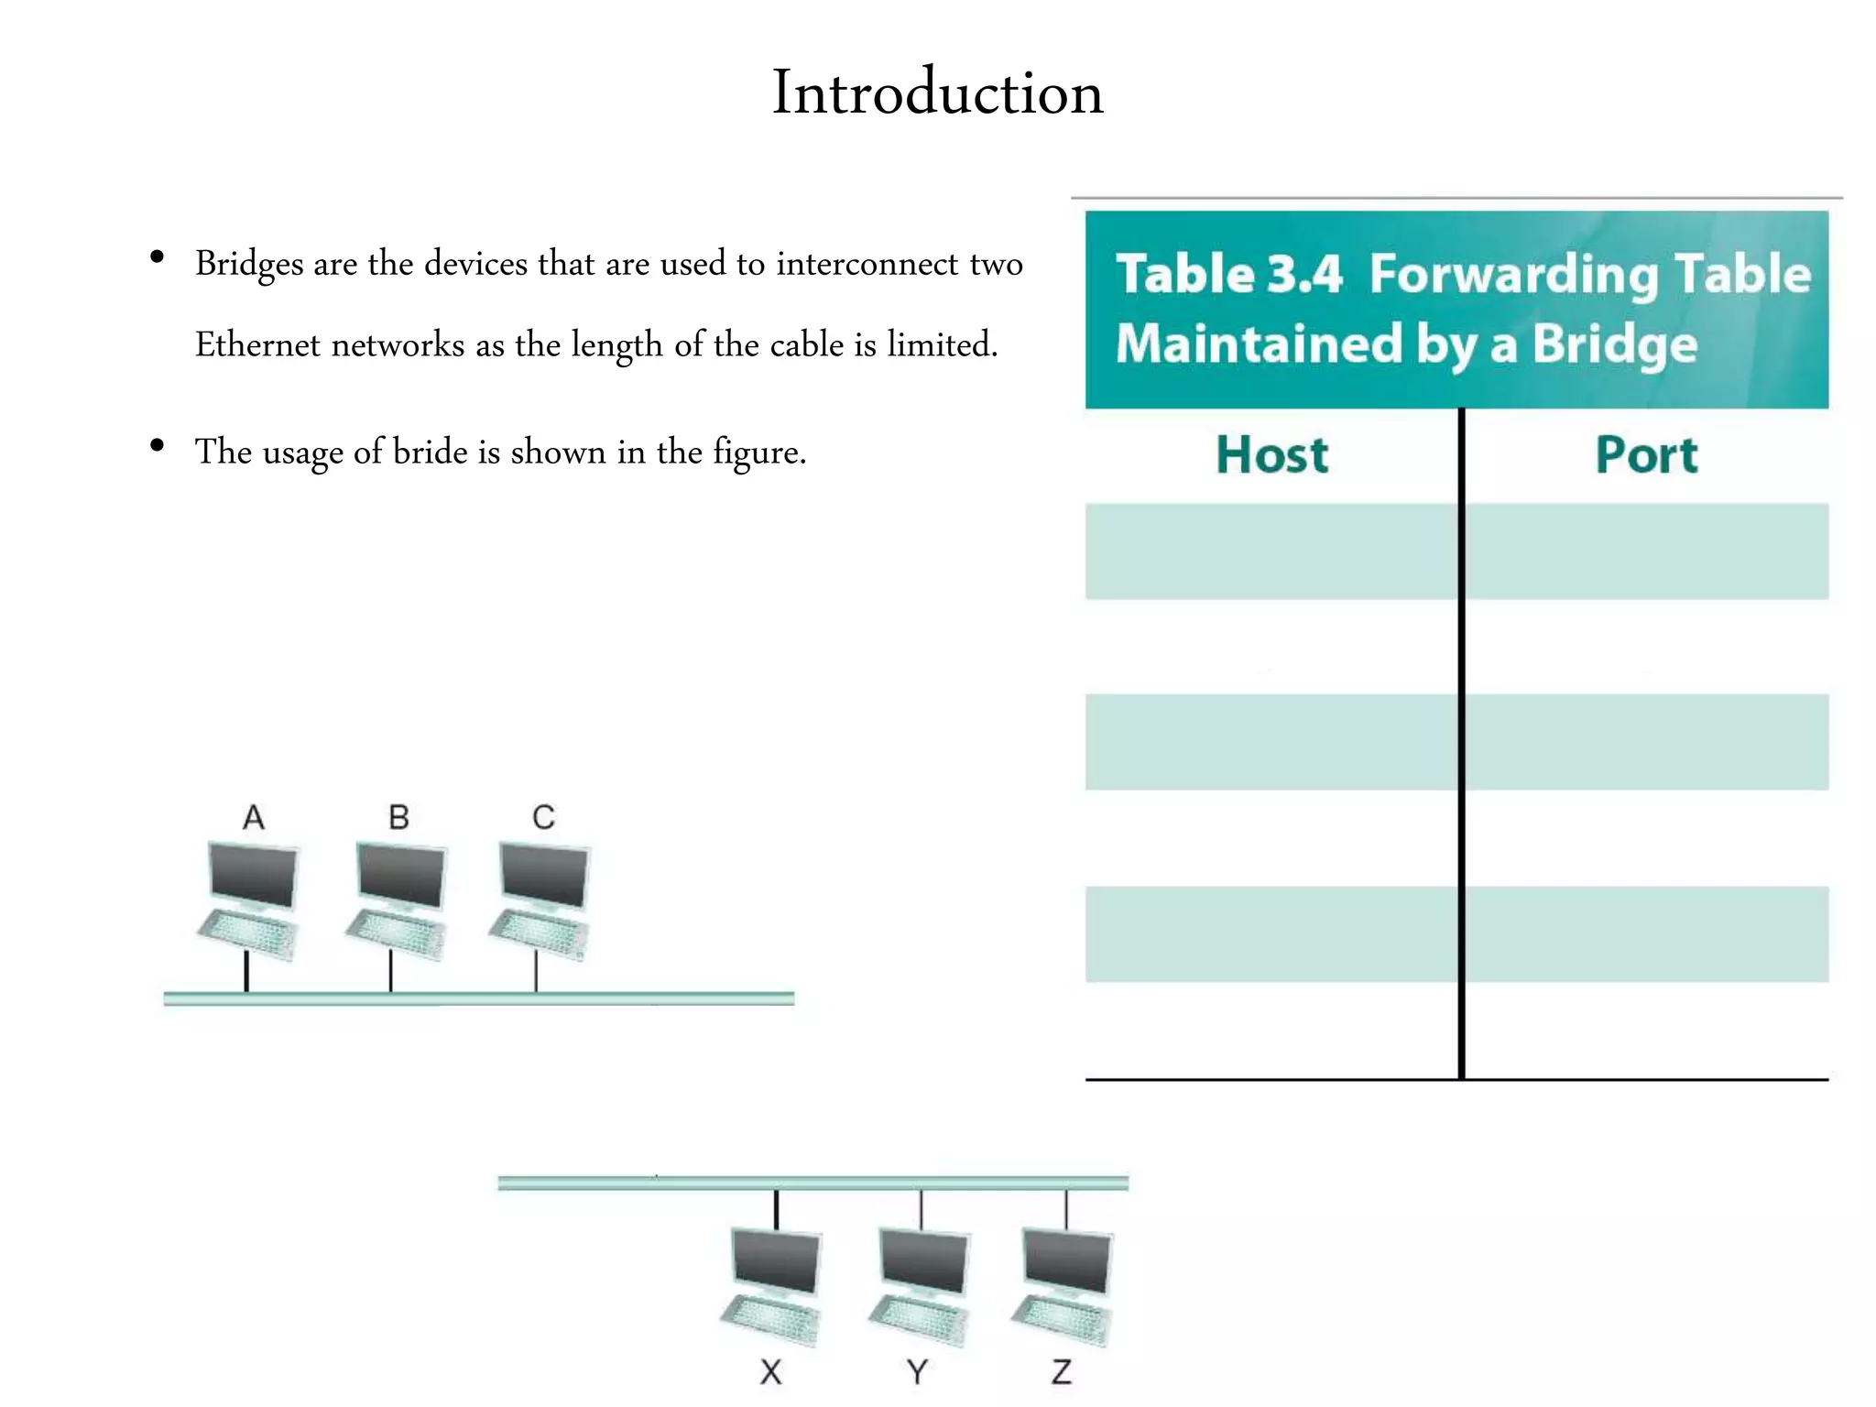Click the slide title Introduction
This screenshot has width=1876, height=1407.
click(937, 93)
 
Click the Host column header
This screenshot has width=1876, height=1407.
click(1271, 455)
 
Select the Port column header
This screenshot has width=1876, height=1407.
click(1646, 455)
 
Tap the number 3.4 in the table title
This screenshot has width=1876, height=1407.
click(1305, 274)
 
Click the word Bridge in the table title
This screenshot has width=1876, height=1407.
click(1615, 344)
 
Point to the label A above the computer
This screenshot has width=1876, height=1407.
click(254, 817)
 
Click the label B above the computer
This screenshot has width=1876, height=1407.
click(398, 817)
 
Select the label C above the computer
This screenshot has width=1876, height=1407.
click(543, 817)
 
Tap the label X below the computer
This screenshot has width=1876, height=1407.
click(771, 1371)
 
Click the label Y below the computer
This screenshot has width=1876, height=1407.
click(917, 1371)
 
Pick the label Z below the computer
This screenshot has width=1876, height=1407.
click(1062, 1371)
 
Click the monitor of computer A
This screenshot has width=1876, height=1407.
click(254, 876)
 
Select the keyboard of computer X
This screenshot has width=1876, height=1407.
click(770, 1319)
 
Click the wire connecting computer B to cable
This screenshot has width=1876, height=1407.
click(391, 971)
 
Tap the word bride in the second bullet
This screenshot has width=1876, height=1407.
click(431, 453)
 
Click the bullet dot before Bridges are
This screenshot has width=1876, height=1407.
click(158, 257)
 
